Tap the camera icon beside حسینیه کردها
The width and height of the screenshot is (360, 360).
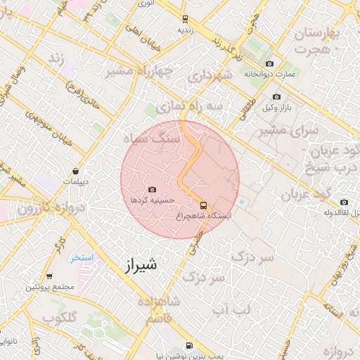[x=153, y=189]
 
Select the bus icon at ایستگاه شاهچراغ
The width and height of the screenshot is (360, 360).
[x=203, y=205]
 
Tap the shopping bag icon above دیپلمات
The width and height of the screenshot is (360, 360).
[x=75, y=172]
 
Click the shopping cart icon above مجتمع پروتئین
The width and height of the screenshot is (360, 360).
[x=49, y=276]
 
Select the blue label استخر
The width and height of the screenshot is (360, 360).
[x=82, y=258]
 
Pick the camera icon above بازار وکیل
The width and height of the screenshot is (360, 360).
[x=276, y=96]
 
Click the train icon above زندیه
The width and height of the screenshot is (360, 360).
[x=184, y=19]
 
